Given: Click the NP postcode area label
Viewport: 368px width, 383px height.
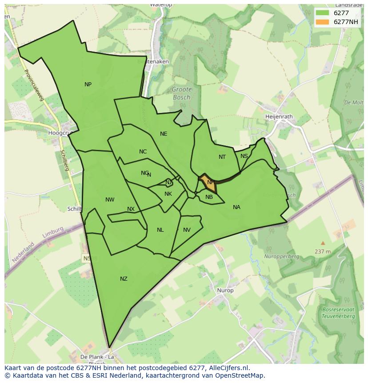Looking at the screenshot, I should point(88,85).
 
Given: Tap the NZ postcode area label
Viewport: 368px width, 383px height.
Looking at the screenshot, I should point(124,279).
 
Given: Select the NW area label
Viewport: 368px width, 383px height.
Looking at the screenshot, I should point(110,200).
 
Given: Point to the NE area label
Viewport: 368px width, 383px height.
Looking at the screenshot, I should point(164,134).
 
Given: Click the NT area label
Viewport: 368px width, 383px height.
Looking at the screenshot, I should point(222,157).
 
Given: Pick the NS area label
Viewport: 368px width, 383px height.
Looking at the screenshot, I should point(244,156).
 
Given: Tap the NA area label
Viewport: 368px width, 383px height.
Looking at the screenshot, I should point(236,207).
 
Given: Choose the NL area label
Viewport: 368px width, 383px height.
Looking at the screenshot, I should point(160,230).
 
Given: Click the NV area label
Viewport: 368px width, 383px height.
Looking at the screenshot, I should point(187,230).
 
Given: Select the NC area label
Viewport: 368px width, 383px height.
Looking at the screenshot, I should point(143,152).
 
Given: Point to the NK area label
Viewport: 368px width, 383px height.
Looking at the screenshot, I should point(168,194).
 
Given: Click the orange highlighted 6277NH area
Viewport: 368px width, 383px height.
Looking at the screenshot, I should point(207,182).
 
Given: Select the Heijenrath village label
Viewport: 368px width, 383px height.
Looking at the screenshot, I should point(279,117).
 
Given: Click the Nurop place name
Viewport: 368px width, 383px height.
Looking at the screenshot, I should point(225,290).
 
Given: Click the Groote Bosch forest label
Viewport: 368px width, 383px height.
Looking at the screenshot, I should point(181,93).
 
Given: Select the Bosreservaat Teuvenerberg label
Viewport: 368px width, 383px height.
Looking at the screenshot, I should point(339,313).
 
